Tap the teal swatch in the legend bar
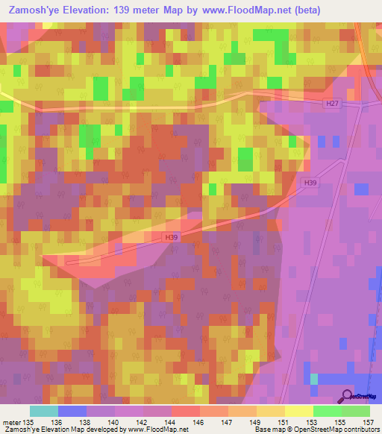[44, 412]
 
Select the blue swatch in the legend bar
[72, 412]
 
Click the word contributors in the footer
[361, 430]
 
